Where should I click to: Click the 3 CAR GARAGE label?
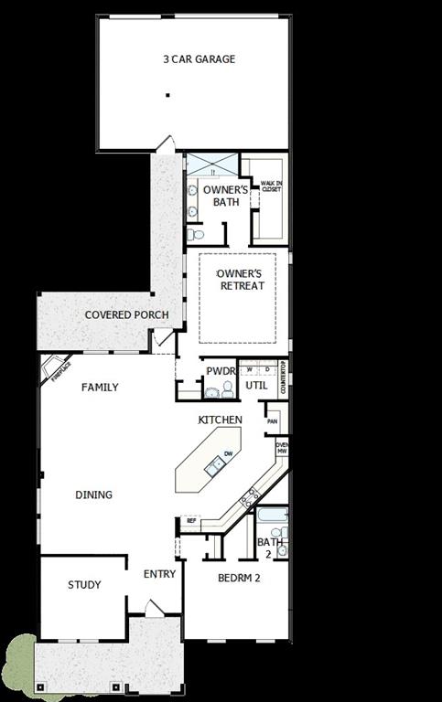pyautogui.click(x=199, y=59)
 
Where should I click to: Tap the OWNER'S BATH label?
pyautogui.click(x=221, y=196)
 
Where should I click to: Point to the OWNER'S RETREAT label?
pyautogui.click(x=242, y=280)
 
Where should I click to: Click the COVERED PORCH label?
pyautogui.click(x=126, y=315)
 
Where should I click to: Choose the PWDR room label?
pyautogui.click(x=221, y=371)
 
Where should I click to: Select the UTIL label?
pyautogui.click(x=256, y=386)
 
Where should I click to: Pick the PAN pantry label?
pyautogui.click(x=273, y=421)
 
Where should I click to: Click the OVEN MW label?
pyautogui.click(x=283, y=448)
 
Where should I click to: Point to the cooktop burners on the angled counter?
pyautogui.click(x=248, y=499)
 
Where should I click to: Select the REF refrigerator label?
pyautogui.click(x=191, y=520)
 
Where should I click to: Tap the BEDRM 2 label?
pyautogui.click(x=240, y=578)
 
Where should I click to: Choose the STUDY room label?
pyautogui.click(x=84, y=585)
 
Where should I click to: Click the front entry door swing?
pyautogui.click(x=154, y=607)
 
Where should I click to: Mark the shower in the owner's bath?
pyautogui.click(x=212, y=166)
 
